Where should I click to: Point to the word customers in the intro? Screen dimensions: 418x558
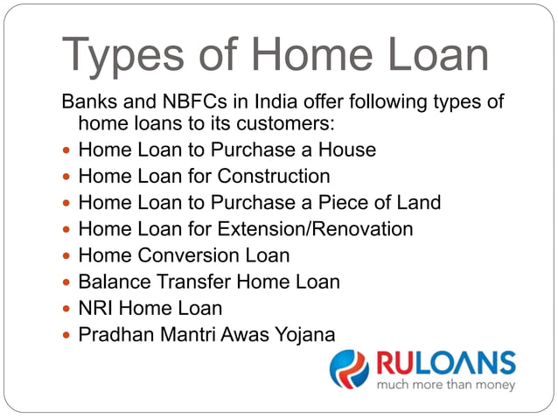[x=282, y=124]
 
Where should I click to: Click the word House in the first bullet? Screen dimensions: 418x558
[x=348, y=150]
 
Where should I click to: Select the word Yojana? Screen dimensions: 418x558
[x=307, y=334]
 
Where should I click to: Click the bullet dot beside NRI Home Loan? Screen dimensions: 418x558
[x=67, y=309]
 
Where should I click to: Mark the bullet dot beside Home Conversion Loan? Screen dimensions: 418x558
[x=67, y=256]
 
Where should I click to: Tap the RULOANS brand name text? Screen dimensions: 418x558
[x=445, y=362]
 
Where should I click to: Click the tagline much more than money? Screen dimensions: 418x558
[x=445, y=383]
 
